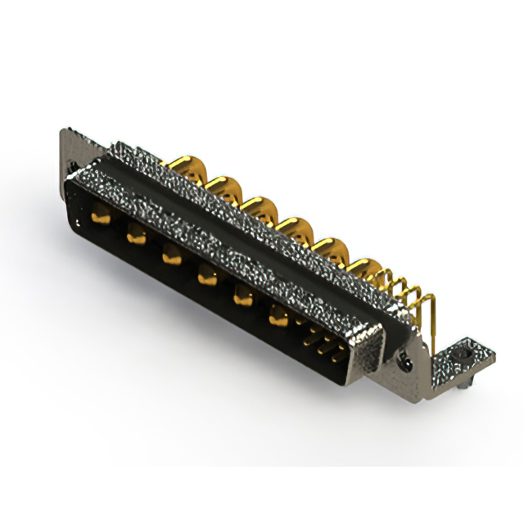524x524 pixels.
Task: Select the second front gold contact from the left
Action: pyautogui.click(x=134, y=237)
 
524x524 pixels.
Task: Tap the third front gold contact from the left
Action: pyautogui.click(x=170, y=256)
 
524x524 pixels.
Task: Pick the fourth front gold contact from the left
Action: pyautogui.click(x=206, y=278)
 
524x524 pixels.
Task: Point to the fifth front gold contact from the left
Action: pyautogui.click(x=242, y=298)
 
